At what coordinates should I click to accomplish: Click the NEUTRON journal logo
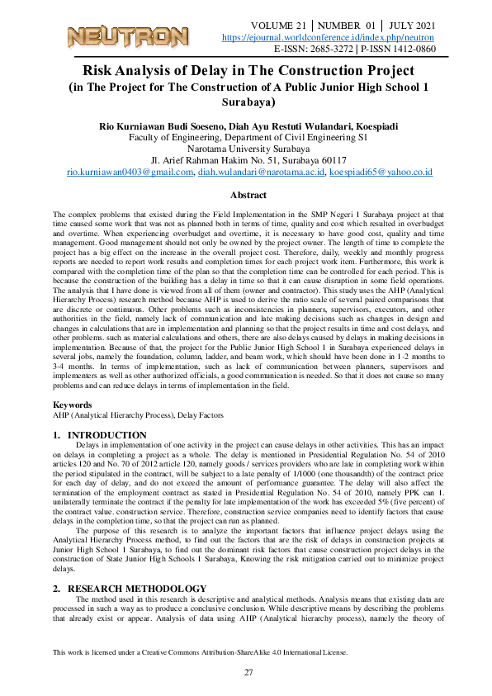(x=127, y=36)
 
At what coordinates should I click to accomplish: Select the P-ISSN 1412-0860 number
(x=397, y=50)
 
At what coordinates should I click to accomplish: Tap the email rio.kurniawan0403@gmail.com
(x=130, y=173)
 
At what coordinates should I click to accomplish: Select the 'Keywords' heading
(x=73, y=405)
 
